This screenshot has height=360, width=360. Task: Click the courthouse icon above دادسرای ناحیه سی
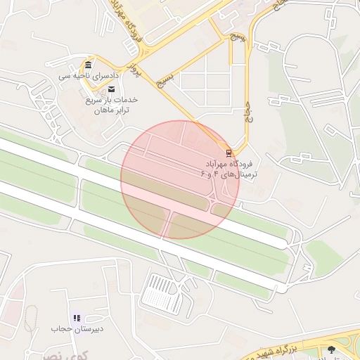pyautogui.click(x=88, y=64)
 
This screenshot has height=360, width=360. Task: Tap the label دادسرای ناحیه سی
pyautogui.click(x=89, y=75)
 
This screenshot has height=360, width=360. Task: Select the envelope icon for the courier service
pyautogui.click(x=111, y=89)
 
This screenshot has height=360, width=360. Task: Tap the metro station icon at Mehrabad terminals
pyautogui.click(x=228, y=151)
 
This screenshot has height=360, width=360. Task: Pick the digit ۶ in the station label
pyautogui.click(x=204, y=173)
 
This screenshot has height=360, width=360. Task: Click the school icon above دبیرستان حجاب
pyautogui.click(x=77, y=318)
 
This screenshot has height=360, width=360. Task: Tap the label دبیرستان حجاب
pyautogui.click(x=77, y=328)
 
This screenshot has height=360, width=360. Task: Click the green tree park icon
pyautogui.click(x=332, y=349)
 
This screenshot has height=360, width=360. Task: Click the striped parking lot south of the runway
pyautogui.click(x=161, y=291)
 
